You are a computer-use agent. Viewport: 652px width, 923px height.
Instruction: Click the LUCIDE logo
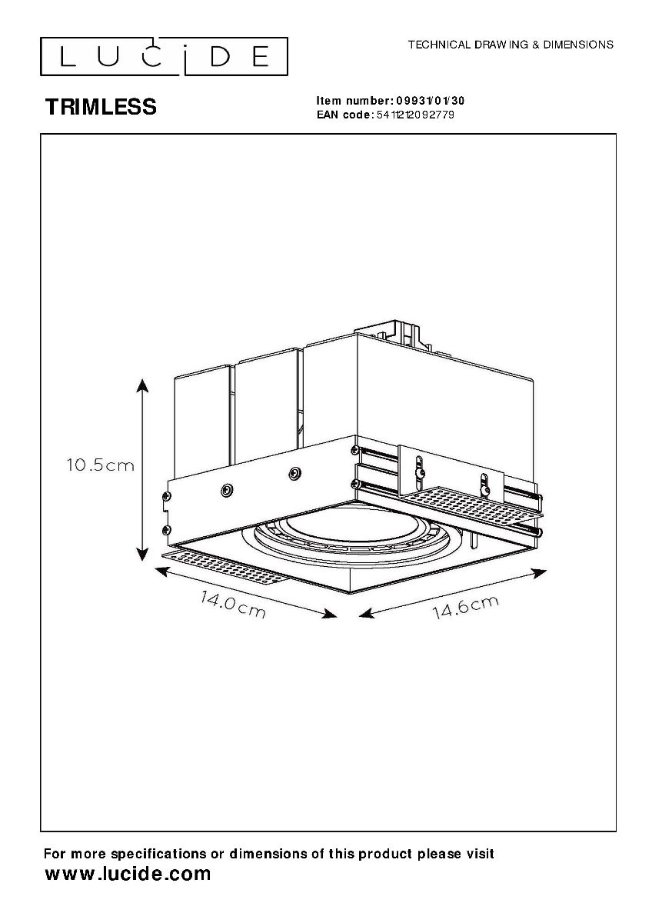coord(164,56)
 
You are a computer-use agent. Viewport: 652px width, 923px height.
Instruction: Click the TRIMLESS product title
coord(101,107)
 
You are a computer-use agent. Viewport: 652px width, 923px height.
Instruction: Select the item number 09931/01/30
coord(430,101)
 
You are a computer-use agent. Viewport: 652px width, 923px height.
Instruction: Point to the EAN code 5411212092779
coord(416,115)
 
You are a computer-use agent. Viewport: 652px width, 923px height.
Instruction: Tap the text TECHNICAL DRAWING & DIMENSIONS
coord(511,45)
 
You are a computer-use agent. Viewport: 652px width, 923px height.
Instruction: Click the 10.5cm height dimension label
coord(101,465)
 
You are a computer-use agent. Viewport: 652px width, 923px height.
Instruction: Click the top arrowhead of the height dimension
coord(142,385)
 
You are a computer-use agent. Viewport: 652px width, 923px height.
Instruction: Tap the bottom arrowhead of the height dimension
coord(142,553)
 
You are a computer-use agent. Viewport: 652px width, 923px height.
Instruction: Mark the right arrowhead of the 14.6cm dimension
coord(539,573)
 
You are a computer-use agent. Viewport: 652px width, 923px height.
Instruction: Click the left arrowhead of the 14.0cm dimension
coord(162,571)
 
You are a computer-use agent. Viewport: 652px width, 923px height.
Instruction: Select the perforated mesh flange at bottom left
coord(224,567)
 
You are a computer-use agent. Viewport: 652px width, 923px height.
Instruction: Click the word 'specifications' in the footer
coord(159,854)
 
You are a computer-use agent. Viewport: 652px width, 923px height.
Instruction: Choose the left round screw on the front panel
coord(227,489)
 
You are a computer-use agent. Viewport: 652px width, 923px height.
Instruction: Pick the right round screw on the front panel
coord(295,473)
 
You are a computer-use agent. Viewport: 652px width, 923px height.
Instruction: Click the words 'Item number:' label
coord(355,101)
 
